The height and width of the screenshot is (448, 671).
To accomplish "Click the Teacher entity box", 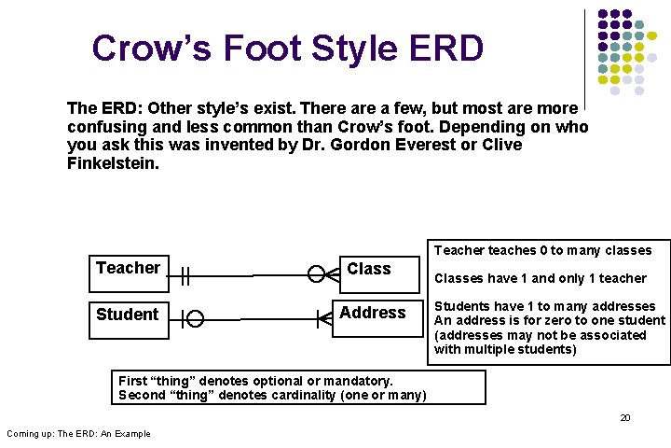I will tap(129, 269).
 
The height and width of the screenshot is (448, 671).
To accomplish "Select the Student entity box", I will tap(129, 315).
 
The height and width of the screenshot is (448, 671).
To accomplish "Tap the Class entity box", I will tap(370, 270).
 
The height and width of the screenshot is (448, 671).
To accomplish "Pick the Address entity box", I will tap(373, 313).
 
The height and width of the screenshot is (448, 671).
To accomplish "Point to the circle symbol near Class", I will tap(317, 274).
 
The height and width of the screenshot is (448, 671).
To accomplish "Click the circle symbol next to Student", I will tap(195, 319).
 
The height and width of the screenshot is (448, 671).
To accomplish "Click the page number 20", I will tap(625, 417).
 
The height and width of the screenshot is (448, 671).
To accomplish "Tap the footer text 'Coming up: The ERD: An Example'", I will tap(78, 433).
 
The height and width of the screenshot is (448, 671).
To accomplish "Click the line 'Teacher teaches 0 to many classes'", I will tap(542, 250).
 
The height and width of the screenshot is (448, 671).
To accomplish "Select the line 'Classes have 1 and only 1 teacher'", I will tap(540, 278).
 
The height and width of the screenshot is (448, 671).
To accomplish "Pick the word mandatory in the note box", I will tap(350, 381).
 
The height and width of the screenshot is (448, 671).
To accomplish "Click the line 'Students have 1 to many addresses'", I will tap(544, 306).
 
